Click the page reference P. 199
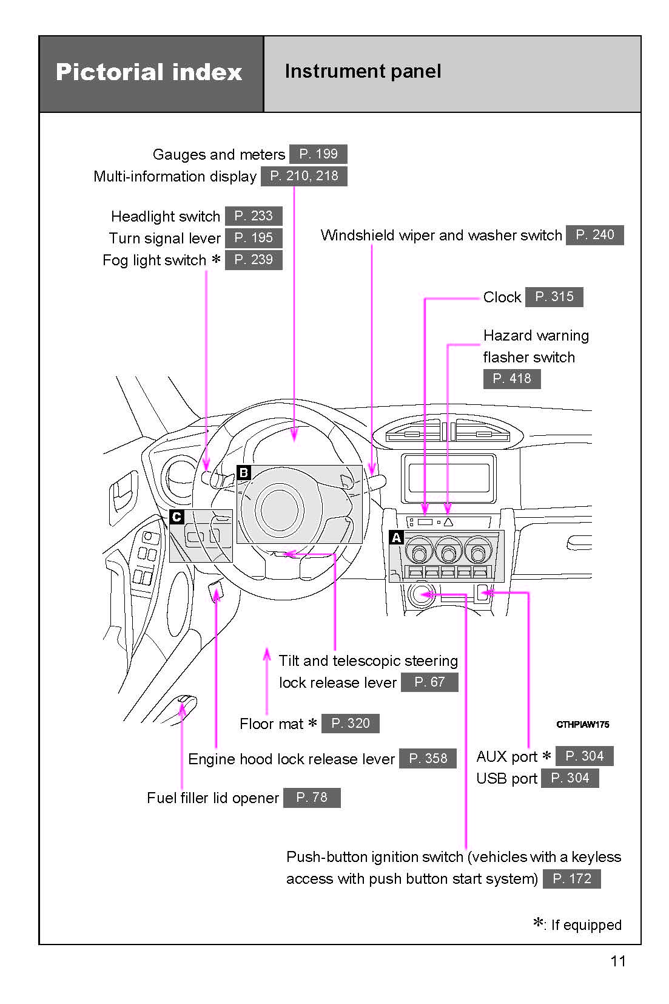318,154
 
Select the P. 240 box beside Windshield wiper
594,235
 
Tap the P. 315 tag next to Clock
554,297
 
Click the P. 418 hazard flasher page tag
511,379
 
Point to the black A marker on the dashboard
396,537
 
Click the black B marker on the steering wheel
243,472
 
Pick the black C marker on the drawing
176,517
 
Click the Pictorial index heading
149,72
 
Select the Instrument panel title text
363,72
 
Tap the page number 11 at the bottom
617,961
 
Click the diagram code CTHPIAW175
582,724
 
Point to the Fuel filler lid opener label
212,798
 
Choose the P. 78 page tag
311,798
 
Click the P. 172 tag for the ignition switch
571,878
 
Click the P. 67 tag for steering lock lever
429,682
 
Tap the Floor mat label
271,724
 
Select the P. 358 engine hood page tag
428,759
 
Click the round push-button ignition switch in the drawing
421,594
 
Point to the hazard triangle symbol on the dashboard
448,521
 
